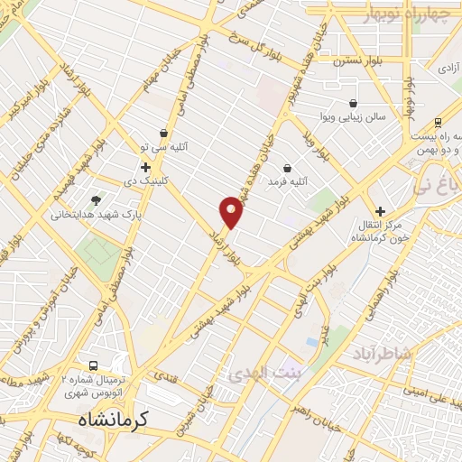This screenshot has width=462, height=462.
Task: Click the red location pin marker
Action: [x=231, y=213]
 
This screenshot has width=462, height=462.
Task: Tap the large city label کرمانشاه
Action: [x=108, y=419]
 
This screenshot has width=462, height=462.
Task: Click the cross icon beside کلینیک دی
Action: [x=145, y=167]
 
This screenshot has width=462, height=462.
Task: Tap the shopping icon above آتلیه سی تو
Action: [x=162, y=133]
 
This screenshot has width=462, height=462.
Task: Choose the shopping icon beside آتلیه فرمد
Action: [x=287, y=168]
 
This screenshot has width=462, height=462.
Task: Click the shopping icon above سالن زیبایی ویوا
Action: [x=351, y=104]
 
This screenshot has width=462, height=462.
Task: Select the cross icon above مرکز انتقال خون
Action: [x=380, y=210]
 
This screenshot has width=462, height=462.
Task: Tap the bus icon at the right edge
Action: [x=439, y=122]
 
